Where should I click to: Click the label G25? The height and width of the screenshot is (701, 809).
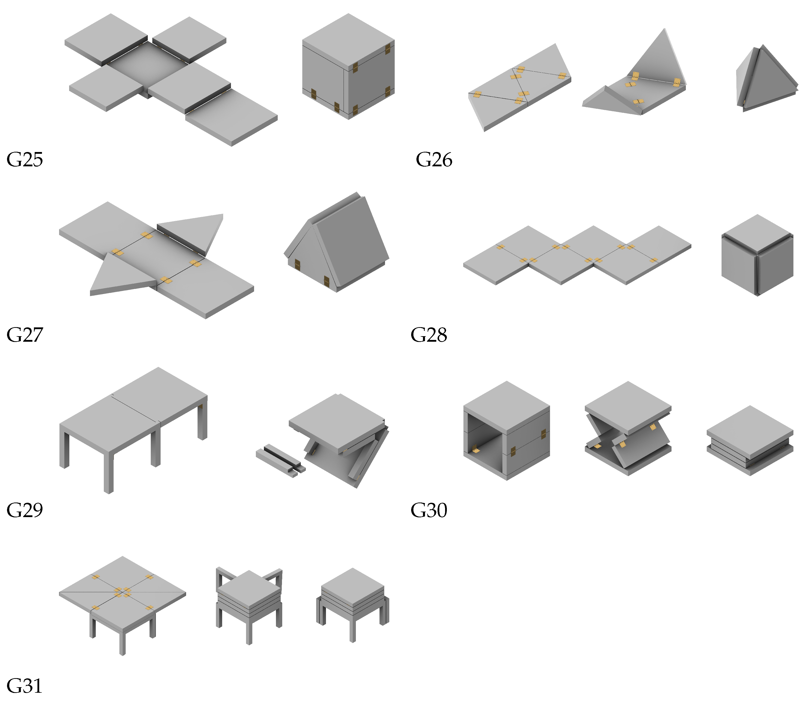(x=25, y=160)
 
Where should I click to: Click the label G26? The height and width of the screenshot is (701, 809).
(x=434, y=160)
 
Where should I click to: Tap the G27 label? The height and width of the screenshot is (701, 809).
(x=25, y=335)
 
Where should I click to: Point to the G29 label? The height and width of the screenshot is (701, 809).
(x=25, y=510)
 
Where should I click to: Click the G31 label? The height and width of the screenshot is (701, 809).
(x=25, y=686)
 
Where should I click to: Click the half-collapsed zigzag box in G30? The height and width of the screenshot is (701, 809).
(x=628, y=430)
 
